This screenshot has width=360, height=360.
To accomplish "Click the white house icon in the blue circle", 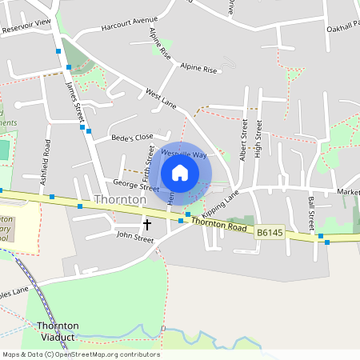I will (180, 173).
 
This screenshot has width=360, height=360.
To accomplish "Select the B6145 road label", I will (270, 233).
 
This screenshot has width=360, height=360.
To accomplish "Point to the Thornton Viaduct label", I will (58, 332).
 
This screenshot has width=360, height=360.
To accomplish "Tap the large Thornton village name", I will (120, 199).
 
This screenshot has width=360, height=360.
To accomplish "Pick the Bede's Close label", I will (132, 138).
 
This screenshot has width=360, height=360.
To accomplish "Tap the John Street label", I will (134, 237).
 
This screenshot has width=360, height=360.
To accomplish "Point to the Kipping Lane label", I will (220, 205).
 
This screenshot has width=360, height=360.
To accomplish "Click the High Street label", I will (258, 139).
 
